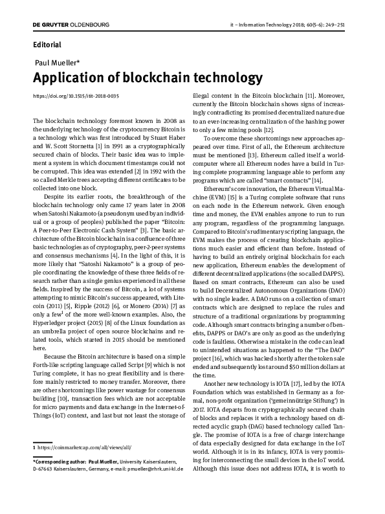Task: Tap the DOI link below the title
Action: coord(76,96)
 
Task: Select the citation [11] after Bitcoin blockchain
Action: coord(310,95)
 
